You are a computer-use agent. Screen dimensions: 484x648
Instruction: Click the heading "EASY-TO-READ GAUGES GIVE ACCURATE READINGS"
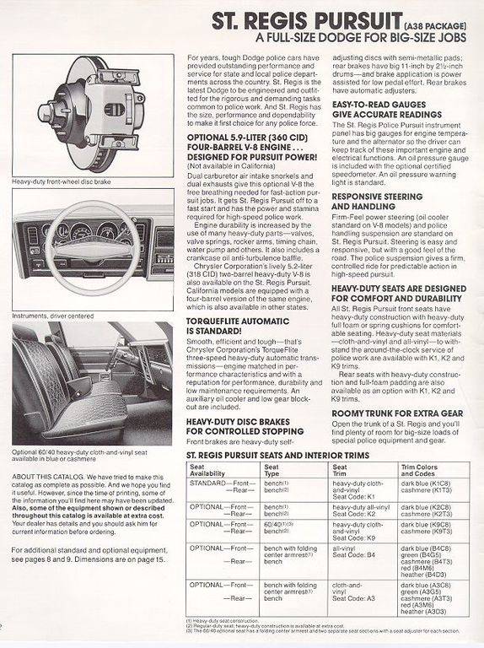[x=386, y=109]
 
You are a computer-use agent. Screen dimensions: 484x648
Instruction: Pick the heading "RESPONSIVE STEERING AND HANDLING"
[x=377, y=201]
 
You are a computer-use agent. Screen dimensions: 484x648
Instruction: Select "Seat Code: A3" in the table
[x=355, y=597]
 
